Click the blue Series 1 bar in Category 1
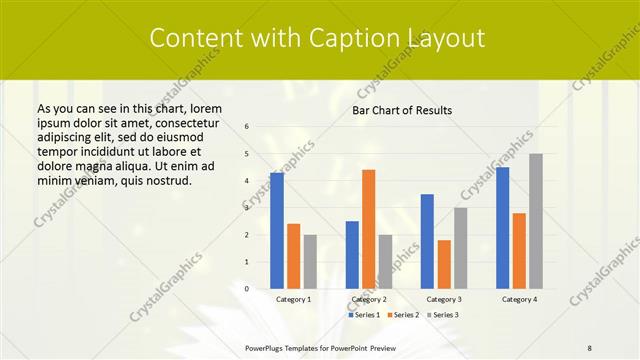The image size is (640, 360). (277, 230)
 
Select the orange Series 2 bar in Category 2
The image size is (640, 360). (368, 229)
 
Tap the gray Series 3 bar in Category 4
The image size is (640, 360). (536, 221)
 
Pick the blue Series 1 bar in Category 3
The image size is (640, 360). (427, 241)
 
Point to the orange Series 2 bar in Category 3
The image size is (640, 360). (444, 264)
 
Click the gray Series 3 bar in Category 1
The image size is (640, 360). (310, 261)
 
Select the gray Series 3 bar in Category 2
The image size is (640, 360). (385, 261)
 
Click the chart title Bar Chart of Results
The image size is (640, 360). (402, 110)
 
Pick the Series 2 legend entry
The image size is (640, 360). (402, 315)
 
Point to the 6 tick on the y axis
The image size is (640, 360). (247, 127)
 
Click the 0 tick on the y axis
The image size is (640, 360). (247, 289)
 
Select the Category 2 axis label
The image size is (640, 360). (369, 299)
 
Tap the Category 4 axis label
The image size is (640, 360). (518, 299)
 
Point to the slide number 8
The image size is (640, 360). (590, 347)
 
